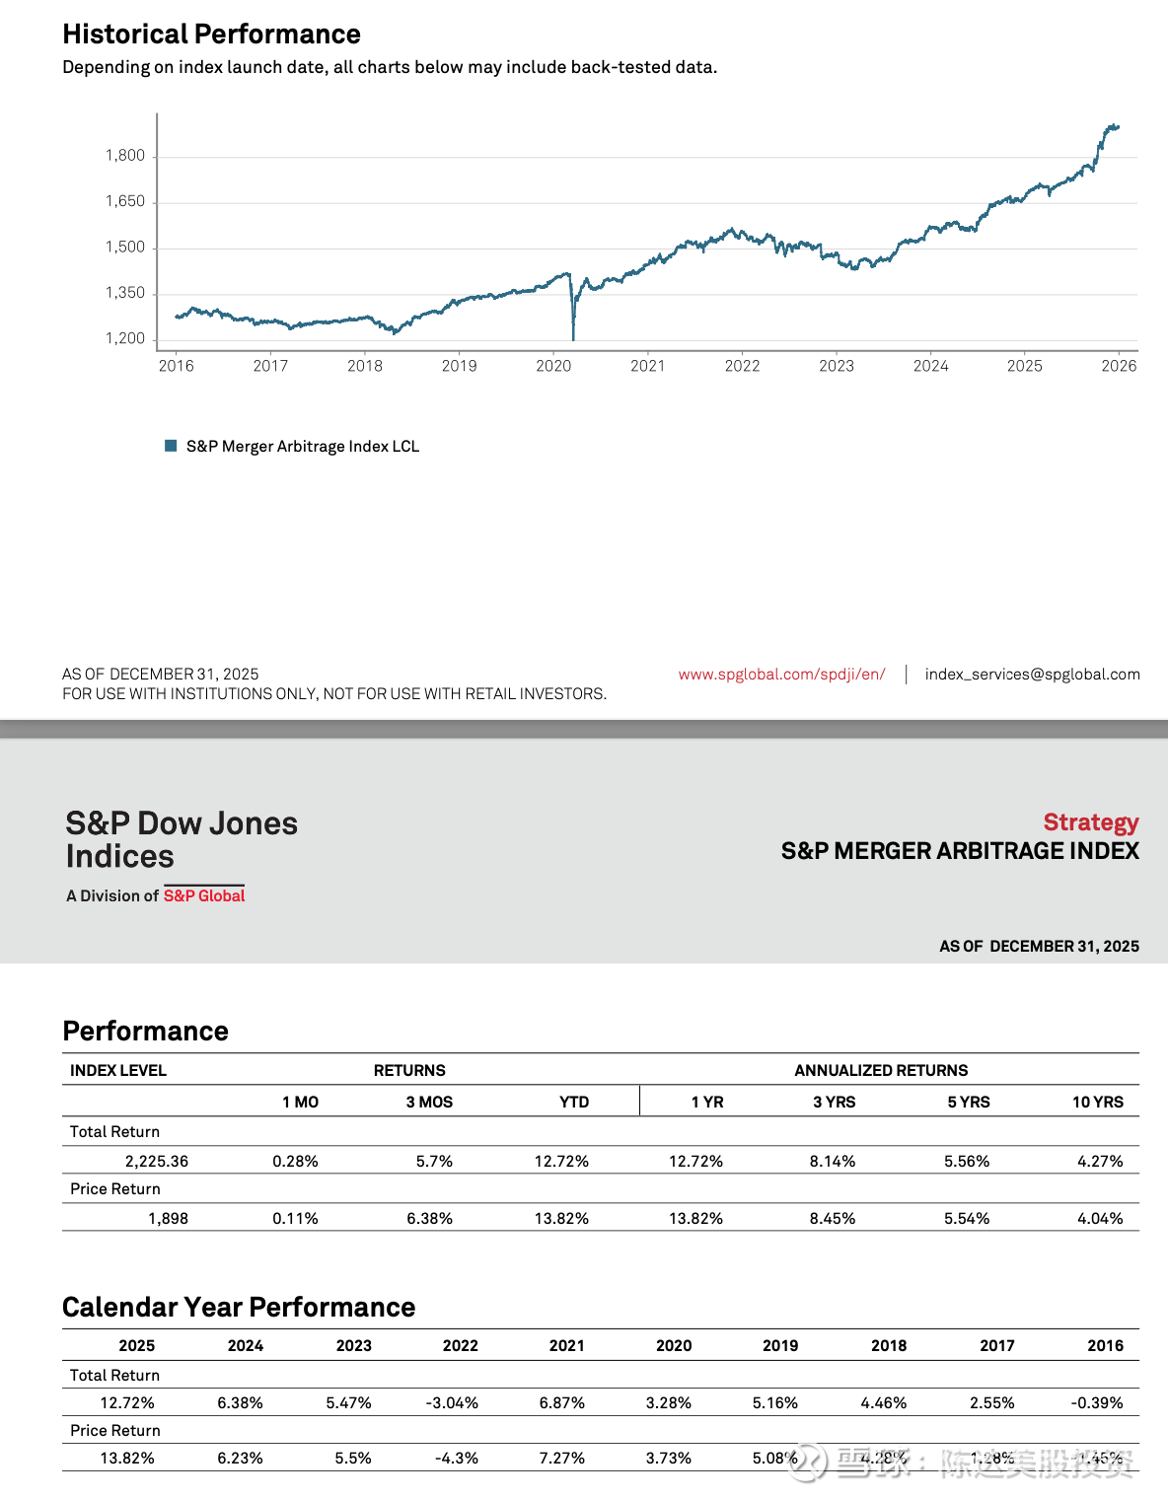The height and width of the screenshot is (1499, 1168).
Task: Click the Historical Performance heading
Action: coord(211,35)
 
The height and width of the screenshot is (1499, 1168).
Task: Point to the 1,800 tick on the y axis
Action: coord(125,156)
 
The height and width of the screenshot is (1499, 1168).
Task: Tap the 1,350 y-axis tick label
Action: coord(125,293)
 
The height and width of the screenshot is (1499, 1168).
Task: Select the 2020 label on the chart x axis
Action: coord(553,366)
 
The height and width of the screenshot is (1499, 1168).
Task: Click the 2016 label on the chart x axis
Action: coord(177,366)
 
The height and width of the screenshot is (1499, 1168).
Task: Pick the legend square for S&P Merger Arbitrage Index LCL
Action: coord(171,446)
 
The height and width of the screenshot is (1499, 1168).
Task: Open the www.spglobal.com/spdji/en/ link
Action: coord(781,675)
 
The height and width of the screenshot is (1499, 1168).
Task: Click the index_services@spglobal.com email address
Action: coord(1032,675)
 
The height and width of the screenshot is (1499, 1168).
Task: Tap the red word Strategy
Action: coord(1090,822)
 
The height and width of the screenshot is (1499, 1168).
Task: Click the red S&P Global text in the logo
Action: coord(204,895)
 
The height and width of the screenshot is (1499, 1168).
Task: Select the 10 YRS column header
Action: coord(1097,1102)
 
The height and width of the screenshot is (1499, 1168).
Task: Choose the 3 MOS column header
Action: coord(429,1102)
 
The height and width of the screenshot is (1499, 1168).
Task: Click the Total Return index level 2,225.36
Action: coord(157,1162)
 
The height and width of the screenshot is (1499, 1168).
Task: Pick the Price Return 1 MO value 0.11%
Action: coord(295,1219)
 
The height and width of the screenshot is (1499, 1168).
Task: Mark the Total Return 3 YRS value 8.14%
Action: coord(833,1162)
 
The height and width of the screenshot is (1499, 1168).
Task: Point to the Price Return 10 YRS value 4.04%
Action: coord(1100,1219)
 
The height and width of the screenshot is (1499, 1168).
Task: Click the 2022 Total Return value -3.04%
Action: coord(452,1403)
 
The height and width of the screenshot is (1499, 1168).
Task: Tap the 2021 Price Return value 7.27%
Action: coord(562,1459)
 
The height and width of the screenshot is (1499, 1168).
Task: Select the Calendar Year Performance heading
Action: coord(239,1308)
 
